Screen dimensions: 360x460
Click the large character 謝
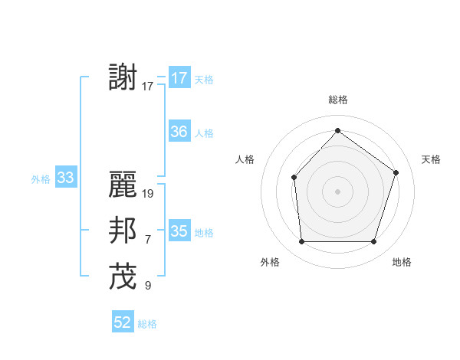point(123,78)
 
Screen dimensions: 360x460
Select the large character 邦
point(123,231)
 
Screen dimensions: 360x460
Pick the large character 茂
point(123,277)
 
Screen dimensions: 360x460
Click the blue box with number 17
point(179,78)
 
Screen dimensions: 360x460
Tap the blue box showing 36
point(179,132)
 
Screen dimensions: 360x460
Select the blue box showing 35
point(179,231)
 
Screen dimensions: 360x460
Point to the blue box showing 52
point(123,322)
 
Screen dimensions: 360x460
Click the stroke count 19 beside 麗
point(148,194)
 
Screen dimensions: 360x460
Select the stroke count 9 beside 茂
point(147,286)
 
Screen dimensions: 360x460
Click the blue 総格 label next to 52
point(147,324)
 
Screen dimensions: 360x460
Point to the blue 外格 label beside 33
point(41,179)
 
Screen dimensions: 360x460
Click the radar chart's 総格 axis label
point(337,100)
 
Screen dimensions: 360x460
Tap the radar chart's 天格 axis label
point(431,159)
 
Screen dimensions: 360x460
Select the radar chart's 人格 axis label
point(245,159)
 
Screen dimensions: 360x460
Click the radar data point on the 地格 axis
point(373,241)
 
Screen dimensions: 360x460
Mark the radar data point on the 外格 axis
point(301,241)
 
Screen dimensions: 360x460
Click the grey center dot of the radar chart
point(337,191)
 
